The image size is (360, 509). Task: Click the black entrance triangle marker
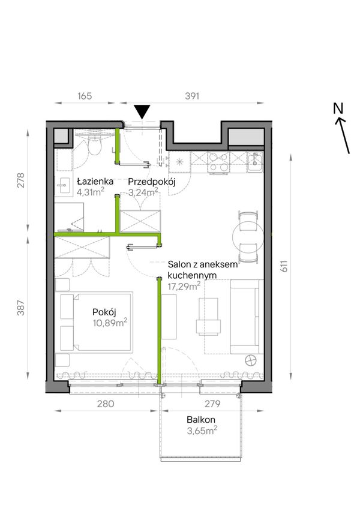point(142,112)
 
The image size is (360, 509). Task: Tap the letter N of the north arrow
point(338,109)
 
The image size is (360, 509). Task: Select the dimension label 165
point(85,96)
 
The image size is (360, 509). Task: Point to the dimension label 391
point(192,96)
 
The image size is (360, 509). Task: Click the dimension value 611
point(284,266)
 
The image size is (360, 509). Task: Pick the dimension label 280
point(106,403)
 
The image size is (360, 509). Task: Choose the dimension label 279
point(212,403)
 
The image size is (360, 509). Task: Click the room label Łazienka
point(95,181)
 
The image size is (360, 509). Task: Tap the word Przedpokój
point(151,182)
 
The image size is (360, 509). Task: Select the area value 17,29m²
point(184,286)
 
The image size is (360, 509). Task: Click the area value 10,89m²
point(110,323)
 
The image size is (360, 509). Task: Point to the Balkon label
point(201,420)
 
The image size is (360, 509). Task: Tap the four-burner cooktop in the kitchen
point(218,162)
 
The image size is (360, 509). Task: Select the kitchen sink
point(255,162)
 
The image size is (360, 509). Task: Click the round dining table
point(248,236)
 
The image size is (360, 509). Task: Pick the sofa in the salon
point(247,317)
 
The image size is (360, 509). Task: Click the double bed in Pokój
point(96,322)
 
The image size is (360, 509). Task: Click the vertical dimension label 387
point(21,308)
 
